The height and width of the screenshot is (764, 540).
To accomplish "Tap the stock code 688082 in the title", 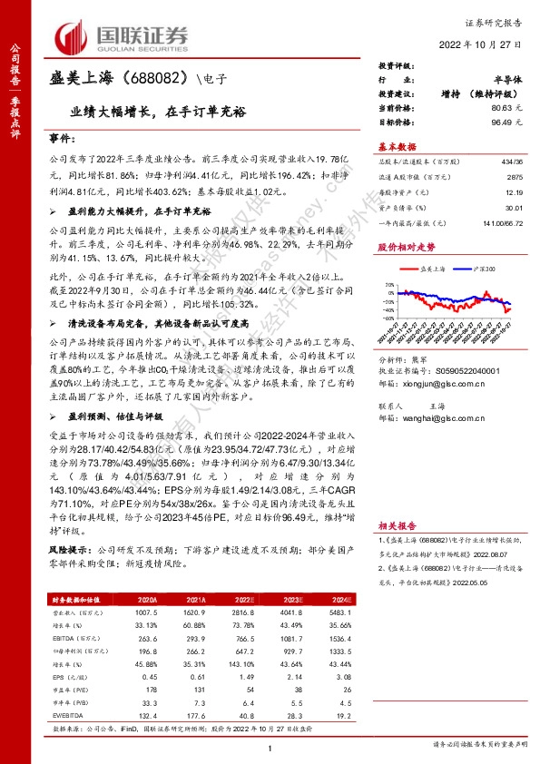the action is click(x=162, y=78).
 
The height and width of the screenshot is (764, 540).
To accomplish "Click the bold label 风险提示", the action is click(x=68, y=551).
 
